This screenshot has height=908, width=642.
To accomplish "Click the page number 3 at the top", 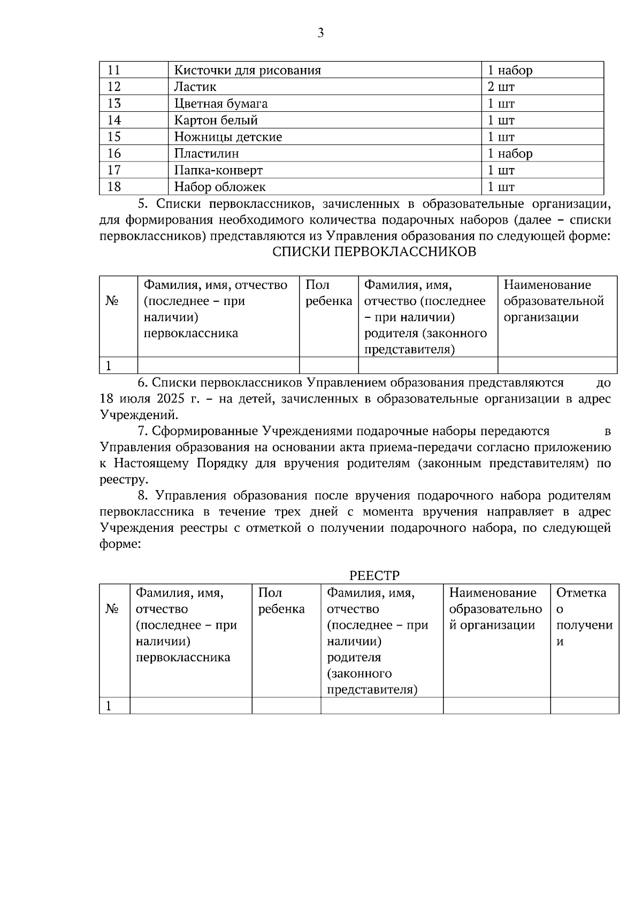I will click(x=320, y=33).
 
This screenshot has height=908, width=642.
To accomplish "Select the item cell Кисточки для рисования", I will click(x=247, y=70).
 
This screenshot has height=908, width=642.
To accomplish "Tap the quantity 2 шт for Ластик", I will click(x=501, y=87).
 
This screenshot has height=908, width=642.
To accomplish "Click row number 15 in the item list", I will click(x=114, y=137).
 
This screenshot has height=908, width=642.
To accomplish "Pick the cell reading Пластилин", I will click(x=207, y=154).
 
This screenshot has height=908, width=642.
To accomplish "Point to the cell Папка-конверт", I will click(x=218, y=170).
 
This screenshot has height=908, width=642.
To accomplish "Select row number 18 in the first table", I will click(x=114, y=187).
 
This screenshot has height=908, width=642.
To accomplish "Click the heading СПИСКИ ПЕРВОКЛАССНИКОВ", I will click(x=374, y=252).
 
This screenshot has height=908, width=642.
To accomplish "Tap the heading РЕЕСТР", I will click(x=374, y=576).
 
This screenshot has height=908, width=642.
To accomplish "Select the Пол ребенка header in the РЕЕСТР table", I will click(x=281, y=600).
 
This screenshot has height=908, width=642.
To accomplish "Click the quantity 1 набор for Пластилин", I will click(x=509, y=154).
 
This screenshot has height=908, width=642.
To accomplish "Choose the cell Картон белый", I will click(x=216, y=120).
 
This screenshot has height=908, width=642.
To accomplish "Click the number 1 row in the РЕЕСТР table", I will click(x=109, y=706).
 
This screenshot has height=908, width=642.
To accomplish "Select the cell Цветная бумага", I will click(x=220, y=103).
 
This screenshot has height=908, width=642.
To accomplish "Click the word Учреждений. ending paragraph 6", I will click(x=139, y=415).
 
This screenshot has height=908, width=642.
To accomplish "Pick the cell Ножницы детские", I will click(x=228, y=137).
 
